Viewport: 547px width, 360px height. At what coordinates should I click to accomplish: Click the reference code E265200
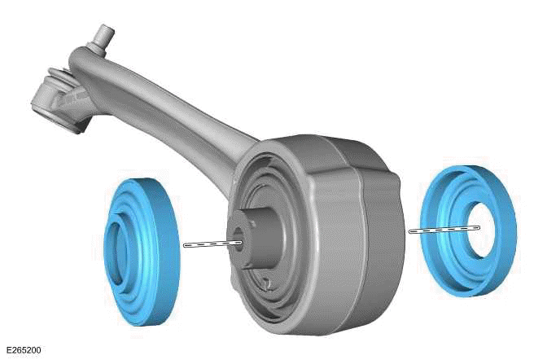22,350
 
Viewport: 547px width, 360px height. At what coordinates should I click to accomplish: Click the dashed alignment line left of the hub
208,244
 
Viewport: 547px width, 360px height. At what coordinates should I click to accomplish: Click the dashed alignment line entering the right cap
440,230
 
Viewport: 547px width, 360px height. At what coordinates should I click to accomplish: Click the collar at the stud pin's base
99,50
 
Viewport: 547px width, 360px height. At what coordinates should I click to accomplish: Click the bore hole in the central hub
238,241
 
